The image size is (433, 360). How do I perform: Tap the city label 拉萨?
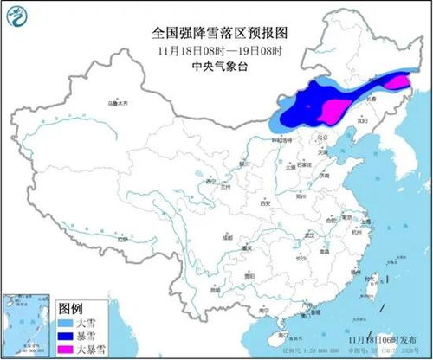(123, 238)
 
